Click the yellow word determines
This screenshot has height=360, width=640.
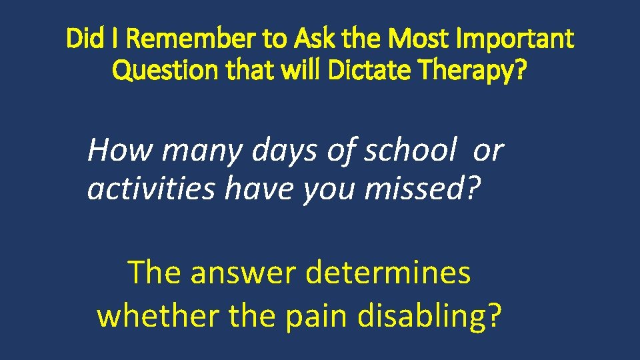coord(387,272)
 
